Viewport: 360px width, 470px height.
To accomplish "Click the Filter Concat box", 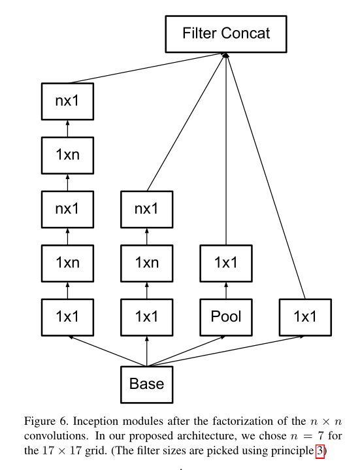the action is (226, 34).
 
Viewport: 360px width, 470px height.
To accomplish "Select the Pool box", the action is (226, 317).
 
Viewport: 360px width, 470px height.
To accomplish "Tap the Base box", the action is (147, 384).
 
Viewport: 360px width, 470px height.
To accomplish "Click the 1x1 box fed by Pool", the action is (226, 263).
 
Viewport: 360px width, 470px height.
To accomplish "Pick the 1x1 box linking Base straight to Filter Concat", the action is (305, 317).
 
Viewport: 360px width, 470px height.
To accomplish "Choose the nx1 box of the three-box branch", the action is (147, 209).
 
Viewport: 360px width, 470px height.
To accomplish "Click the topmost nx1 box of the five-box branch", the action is (67, 101).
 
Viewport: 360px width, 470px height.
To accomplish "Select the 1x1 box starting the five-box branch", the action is (67, 317).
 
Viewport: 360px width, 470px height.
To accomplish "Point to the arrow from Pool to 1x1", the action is (226, 290).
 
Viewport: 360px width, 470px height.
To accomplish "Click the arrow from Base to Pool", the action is (186, 351).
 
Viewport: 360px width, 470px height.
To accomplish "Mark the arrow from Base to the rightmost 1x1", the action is (225, 351).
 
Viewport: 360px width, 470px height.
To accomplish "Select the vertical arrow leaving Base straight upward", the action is (147, 351).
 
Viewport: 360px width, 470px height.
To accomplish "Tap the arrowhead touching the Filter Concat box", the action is (225, 55).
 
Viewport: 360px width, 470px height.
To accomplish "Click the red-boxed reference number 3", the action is (320, 450).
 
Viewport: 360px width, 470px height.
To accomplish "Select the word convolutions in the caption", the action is (56, 436).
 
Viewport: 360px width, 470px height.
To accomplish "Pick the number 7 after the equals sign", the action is (320, 435).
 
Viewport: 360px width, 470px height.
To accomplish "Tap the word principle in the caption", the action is (292, 451).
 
